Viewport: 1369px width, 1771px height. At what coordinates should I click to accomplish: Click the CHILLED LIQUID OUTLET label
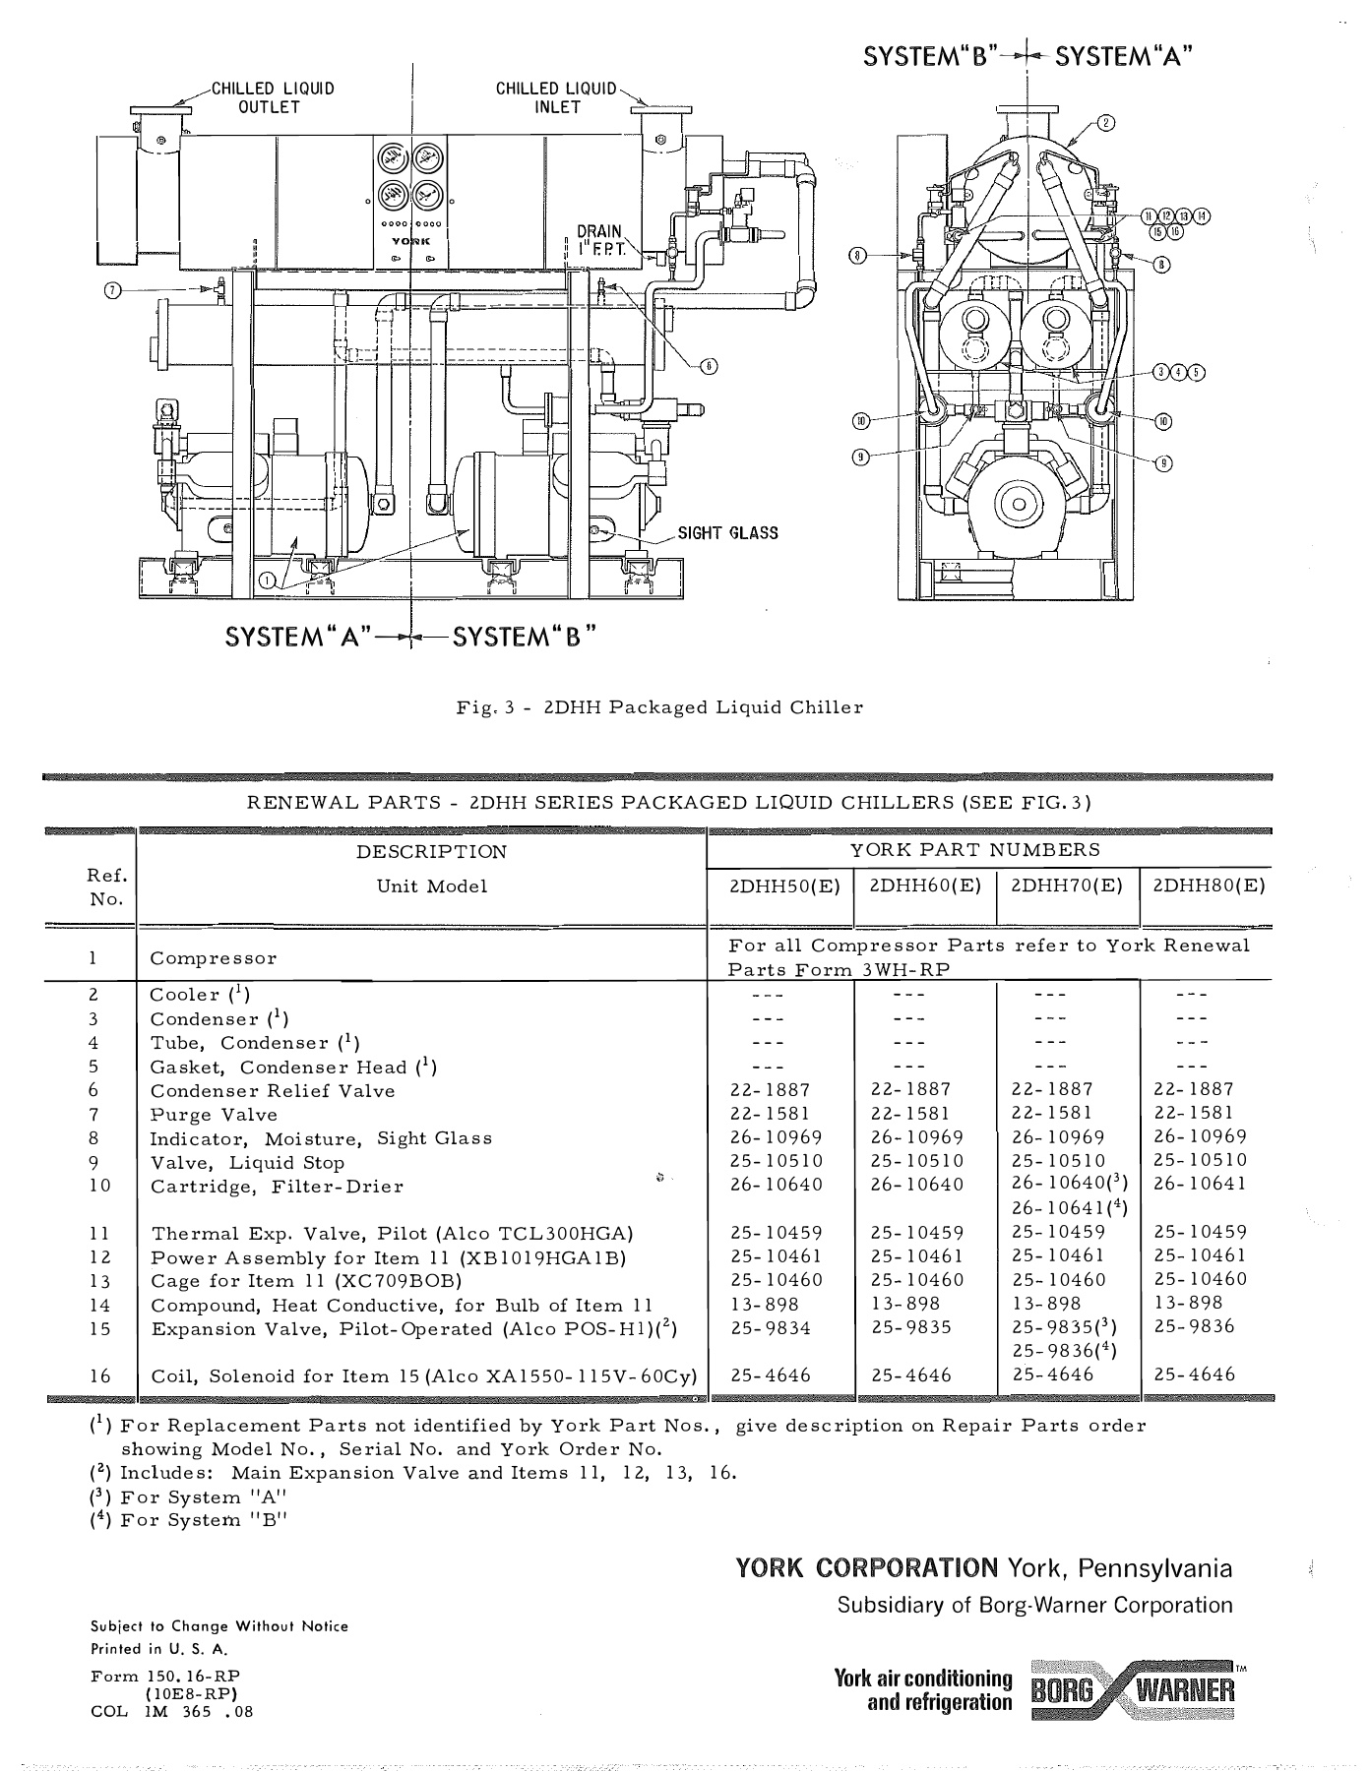[x=273, y=97]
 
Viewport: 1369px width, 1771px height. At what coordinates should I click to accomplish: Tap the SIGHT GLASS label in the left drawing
[x=727, y=533]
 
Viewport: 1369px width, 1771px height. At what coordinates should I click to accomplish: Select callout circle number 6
[x=709, y=366]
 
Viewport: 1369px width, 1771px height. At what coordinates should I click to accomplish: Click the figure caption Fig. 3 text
[x=659, y=707]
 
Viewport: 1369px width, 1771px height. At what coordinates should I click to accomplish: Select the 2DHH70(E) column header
[x=1067, y=885]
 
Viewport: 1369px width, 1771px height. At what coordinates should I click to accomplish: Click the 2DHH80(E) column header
[x=1208, y=885]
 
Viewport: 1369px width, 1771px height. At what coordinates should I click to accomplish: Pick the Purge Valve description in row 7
[x=214, y=1115]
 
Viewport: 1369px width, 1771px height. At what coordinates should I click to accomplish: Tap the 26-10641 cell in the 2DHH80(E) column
[x=1199, y=1184]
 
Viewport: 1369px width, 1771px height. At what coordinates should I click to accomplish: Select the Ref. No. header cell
[x=105, y=886]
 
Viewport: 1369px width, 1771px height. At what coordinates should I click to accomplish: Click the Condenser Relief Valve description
[x=273, y=1091]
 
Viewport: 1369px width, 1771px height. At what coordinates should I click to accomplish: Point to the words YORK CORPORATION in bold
[x=867, y=1568]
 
